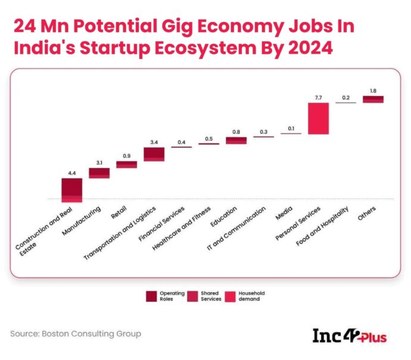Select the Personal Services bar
pyautogui.click(x=318, y=119)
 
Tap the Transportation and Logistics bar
pyautogui.click(x=154, y=154)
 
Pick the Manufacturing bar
pyautogui.click(x=99, y=173)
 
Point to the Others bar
pyautogui.click(x=373, y=99)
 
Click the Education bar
pyautogui.click(x=236, y=141)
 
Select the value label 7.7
pyautogui.click(x=318, y=97)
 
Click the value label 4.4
pyautogui.click(x=72, y=172)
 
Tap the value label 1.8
pyautogui.click(x=373, y=90)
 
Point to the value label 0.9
pyautogui.click(x=126, y=156)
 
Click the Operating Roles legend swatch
pyautogui.click(x=152, y=296)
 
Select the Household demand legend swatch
pyautogui.click(x=230, y=296)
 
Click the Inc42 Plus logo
pyautogui.click(x=350, y=336)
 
